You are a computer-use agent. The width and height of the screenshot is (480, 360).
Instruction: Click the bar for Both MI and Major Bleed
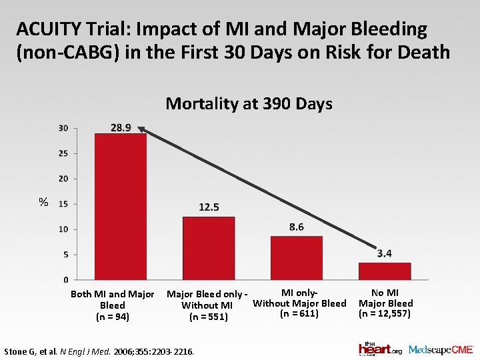point(121,207)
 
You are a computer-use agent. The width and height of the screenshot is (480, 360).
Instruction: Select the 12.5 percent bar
point(209,248)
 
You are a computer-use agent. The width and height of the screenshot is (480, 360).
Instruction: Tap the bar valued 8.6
point(297,258)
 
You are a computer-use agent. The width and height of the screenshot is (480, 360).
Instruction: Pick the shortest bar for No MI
point(385,271)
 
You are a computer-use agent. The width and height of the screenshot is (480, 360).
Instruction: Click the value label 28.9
point(120,127)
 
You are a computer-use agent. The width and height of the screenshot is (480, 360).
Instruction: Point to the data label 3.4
point(384,253)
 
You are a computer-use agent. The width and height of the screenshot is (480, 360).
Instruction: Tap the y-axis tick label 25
point(63,153)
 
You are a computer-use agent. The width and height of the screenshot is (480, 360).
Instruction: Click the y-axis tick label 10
point(63,229)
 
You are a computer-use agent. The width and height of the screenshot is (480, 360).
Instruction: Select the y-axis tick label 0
point(65,279)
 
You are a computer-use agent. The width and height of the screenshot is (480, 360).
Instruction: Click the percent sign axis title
point(43,202)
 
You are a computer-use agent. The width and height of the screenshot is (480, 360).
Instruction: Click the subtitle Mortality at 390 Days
point(249,103)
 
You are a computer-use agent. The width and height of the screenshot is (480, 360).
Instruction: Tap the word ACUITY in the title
point(46,29)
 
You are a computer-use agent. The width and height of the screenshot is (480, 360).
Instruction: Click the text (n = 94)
point(112,316)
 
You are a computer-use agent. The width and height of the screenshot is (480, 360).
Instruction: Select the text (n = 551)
point(208,317)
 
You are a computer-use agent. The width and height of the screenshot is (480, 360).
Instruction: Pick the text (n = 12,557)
point(385,313)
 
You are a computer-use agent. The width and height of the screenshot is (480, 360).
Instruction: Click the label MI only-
point(299,293)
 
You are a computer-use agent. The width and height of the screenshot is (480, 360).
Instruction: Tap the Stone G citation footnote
point(99,350)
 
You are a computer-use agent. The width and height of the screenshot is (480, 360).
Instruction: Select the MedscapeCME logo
point(441,349)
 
